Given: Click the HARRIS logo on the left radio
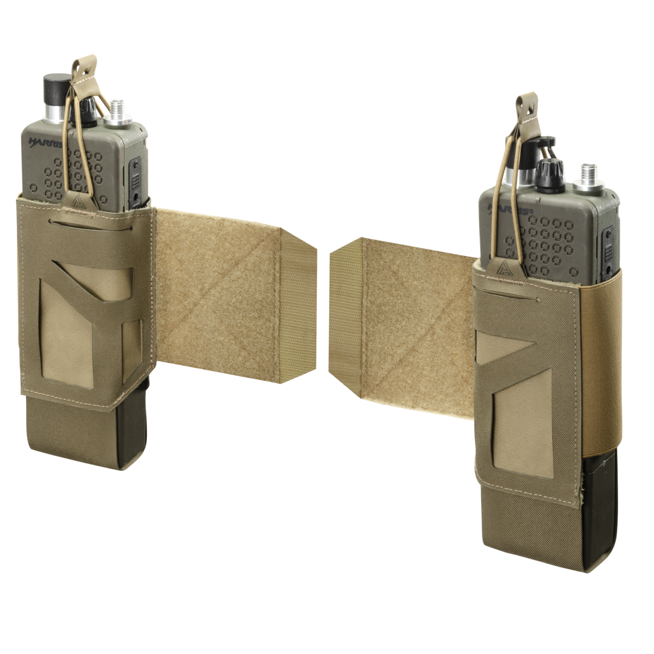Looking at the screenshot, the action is [45, 142].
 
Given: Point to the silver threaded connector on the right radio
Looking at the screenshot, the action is [589, 177].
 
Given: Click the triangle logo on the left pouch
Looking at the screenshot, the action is [75, 202].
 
